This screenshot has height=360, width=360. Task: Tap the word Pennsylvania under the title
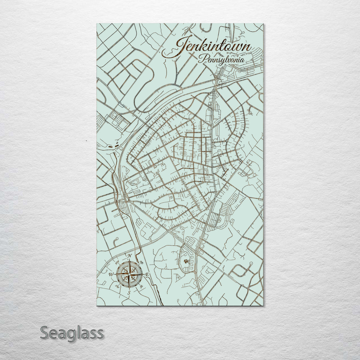click(221, 60)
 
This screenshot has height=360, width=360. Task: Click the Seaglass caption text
click(72, 333)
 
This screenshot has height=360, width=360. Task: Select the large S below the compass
click(129, 293)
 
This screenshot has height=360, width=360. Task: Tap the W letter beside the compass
click(111, 275)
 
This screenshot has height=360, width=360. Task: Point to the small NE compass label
click(141, 262)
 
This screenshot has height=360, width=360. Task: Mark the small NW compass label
click(117, 262)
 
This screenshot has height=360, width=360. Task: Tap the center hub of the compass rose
click(129, 274)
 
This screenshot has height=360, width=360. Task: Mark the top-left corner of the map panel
click(97, 24)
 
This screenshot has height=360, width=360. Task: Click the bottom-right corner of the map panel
click(263, 305)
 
